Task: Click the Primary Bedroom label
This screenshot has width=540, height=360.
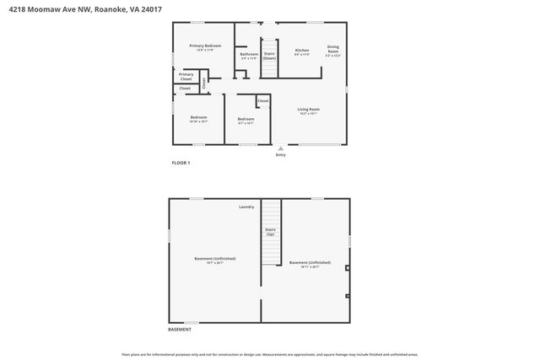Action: click(x=205, y=46)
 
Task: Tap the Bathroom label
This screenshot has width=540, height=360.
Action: click(x=249, y=54)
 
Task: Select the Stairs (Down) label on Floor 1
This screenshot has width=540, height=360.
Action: click(x=269, y=56)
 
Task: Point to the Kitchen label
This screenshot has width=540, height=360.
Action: click(x=302, y=51)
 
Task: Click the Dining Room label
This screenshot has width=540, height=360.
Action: click(x=333, y=49)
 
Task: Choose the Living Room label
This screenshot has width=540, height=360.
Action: click(x=307, y=109)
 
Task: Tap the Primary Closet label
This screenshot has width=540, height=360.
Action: click(x=186, y=76)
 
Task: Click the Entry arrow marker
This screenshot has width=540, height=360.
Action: click(x=281, y=148)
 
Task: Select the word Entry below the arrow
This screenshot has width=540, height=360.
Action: click(x=281, y=155)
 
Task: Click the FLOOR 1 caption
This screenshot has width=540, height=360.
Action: click(x=181, y=162)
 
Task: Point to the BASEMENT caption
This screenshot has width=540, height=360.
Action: click(x=179, y=329)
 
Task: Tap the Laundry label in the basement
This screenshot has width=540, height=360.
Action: click(x=246, y=207)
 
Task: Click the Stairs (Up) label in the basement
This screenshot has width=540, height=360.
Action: click(x=270, y=231)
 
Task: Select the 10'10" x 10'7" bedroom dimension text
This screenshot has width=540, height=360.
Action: click(x=198, y=121)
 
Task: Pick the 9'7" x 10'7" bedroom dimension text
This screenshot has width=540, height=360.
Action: click(x=246, y=123)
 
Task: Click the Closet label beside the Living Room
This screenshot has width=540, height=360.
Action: click(x=263, y=100)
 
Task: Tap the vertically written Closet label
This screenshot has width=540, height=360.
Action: click(x=203, y=83)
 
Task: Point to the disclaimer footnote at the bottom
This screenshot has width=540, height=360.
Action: click(x=269, y=355)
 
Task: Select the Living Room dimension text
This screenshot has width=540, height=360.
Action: click(x=307, y=113)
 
